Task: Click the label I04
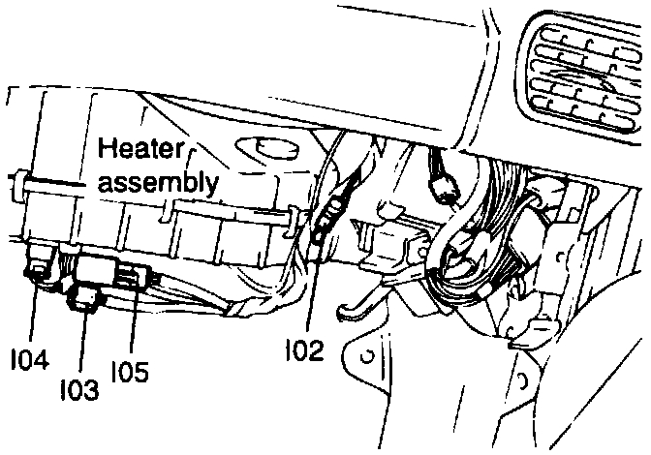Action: (32, 359)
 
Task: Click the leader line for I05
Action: (135, 324)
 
